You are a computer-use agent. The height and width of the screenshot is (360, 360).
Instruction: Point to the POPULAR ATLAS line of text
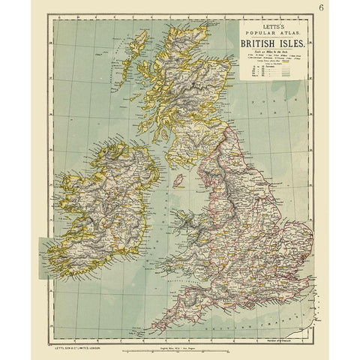pos(271,33)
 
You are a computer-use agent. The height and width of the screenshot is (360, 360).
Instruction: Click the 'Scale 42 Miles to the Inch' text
pos(271,51)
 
